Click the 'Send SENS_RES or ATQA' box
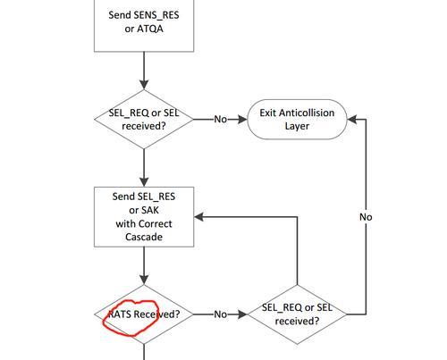144,26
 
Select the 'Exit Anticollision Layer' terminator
297,120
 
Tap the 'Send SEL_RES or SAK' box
144,217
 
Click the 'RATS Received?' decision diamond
144,314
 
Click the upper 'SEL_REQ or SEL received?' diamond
144,119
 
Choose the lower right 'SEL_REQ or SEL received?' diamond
297,314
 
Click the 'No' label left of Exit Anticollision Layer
221,120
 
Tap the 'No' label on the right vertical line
366,217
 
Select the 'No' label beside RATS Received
221,314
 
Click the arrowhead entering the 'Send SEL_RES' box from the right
198,217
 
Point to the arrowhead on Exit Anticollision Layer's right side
352,120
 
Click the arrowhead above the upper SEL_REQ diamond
144,85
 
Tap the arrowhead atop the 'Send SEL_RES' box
144,182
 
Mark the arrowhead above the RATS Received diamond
144,280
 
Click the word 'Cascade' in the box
144,237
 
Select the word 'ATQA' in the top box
150,29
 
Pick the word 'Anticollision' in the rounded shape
307,113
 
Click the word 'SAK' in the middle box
151,210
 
